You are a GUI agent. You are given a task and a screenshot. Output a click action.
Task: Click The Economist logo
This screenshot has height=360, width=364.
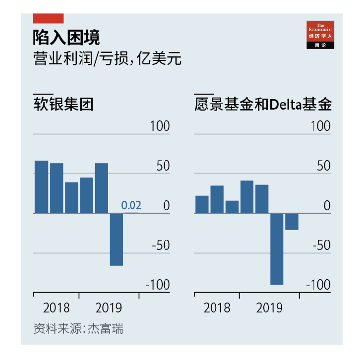(320, 34)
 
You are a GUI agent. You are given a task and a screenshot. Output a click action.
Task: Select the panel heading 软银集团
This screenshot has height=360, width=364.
(63, 104)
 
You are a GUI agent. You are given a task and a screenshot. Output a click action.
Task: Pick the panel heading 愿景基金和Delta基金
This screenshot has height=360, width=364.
(263, 104)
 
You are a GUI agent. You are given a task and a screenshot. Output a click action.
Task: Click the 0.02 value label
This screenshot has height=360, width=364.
(131, 206)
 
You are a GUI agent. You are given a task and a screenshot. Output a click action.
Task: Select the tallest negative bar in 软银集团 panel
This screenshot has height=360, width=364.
(116, 239)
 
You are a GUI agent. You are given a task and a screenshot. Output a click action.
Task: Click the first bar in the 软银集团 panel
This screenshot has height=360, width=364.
(41, 187)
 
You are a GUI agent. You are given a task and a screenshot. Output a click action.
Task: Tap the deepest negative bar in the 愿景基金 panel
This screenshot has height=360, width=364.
(277, 248)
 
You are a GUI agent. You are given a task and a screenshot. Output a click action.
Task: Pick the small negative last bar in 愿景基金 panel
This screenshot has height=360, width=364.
(292, 222)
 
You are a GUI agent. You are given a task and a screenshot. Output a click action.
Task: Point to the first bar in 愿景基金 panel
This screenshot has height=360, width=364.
(201, 204)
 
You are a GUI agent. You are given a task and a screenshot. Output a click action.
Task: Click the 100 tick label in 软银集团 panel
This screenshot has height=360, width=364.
(160, 126)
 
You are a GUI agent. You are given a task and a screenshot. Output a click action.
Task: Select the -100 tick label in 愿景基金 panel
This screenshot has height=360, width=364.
(318, 285)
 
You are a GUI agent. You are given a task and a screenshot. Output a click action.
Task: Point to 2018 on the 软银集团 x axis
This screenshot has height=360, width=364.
(56, 308)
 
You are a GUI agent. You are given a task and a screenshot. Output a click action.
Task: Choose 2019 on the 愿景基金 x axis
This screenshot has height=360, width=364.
(269, 308)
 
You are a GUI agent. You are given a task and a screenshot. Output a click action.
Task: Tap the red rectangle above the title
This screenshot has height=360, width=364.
(48, 18)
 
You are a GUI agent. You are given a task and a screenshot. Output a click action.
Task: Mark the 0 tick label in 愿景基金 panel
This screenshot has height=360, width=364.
(327, 206)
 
